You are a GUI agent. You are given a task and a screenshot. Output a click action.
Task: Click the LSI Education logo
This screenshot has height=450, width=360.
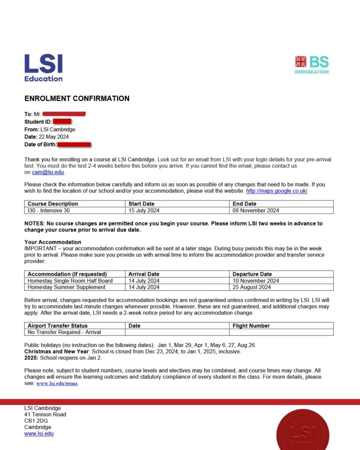[x=43, y=67]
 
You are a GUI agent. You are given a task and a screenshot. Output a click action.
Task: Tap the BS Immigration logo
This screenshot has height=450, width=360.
[x=312, y=65]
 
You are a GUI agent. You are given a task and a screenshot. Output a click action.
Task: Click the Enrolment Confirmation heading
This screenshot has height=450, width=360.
[x=77, y=98]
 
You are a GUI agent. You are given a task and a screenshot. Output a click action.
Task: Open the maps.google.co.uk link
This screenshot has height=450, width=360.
[x=277, y=191]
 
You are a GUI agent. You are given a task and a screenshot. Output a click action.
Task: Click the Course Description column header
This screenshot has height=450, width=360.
[x=53, y=204]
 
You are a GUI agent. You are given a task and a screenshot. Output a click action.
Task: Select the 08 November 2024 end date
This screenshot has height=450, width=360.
[x=255, y=210]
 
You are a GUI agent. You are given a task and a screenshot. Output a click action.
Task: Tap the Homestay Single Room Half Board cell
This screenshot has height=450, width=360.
[x=70, y=281]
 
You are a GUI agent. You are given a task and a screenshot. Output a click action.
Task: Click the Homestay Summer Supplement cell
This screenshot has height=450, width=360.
[x=67, y=287]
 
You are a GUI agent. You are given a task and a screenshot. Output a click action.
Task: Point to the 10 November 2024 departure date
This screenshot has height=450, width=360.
[x=255, y=281]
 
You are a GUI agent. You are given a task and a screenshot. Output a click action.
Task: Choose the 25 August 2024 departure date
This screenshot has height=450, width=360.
[x=252, y=287]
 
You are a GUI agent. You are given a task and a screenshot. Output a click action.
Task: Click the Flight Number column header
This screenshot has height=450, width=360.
[x=251, y=326]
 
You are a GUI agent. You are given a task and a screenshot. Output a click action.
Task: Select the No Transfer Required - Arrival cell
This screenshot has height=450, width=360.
[x=64, y=332]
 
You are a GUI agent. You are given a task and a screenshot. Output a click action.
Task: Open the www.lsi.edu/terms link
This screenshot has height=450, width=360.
[x=57, y=383]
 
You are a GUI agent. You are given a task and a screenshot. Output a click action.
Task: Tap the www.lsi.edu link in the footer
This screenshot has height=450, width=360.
[x=39, y=434]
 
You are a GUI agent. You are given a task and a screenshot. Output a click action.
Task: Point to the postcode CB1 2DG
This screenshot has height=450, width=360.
[x=36, y=421]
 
